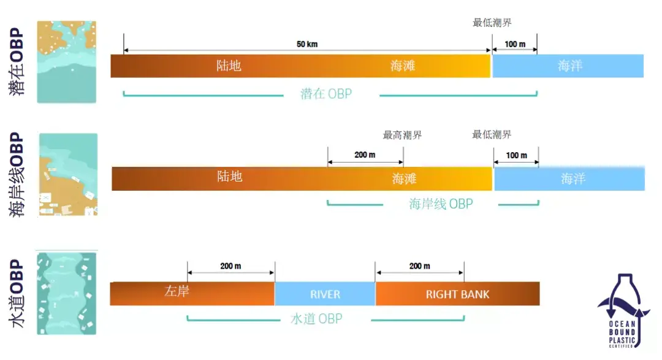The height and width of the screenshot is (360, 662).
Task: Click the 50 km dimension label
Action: point(307,44)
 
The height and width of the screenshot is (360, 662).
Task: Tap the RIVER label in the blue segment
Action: point(325,294)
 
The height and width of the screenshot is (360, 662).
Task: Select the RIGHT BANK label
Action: point(457,294)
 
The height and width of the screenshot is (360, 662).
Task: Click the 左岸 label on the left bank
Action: point(177,291)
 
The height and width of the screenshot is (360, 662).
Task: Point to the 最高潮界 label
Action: point(402,135)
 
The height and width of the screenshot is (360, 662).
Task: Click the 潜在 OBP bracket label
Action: point(326,94)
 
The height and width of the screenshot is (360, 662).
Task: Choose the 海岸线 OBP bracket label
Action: point(441,204)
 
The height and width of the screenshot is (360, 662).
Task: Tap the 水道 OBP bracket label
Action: point(316,319)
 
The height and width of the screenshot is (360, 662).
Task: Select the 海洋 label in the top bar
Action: point(570,66)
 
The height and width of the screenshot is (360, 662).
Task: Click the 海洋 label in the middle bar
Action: point(573,178)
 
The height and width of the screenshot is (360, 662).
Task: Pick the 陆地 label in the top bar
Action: point(229,66)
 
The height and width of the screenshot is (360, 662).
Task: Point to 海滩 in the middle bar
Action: point(404,178)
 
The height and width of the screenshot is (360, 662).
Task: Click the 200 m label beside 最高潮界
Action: point(365,155)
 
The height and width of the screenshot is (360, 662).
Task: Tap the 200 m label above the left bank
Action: point(230,266)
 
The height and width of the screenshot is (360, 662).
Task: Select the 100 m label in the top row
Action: point(515,44)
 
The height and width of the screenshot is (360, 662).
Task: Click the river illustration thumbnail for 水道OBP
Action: point(66,293)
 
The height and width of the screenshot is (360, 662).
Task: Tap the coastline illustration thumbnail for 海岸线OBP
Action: point(68,175)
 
